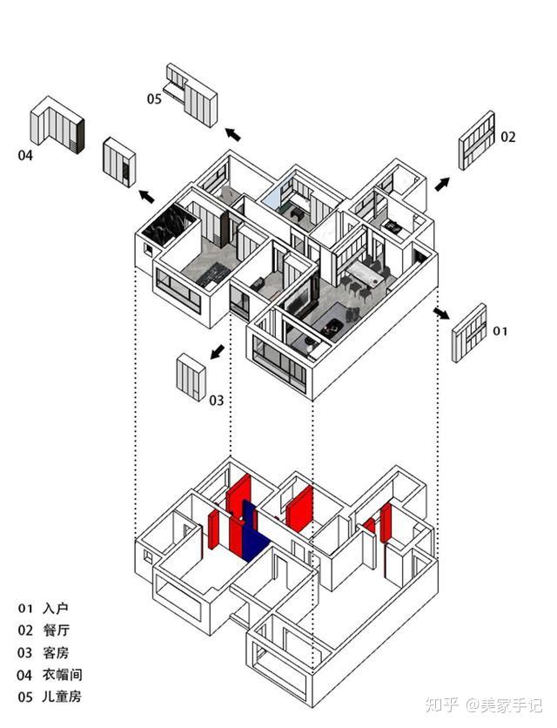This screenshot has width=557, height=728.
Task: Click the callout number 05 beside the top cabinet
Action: (x=154, y=99)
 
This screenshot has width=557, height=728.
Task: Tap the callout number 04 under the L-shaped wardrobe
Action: (x=25, y=155)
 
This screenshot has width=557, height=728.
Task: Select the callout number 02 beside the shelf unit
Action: (x=507, y=137)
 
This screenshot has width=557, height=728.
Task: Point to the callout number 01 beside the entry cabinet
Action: (x=500, y=331)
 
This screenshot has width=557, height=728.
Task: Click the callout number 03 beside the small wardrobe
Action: (x=217, y=401)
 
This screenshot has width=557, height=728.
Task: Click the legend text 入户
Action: (x=55, y=608)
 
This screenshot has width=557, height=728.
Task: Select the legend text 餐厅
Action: (x=57, y=630)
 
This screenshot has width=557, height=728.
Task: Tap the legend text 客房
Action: (x=56, y=653)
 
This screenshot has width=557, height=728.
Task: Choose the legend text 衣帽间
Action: (x=62, y=675)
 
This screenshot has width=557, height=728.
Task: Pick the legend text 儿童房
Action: (x=62, y=697)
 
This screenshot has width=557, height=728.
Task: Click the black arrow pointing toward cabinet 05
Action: (x=233, y=134)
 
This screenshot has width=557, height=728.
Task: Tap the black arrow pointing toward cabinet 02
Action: (x=442, y=184)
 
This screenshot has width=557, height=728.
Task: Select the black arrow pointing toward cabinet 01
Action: (x=441, y=313)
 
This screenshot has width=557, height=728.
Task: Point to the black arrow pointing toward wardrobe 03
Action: (x=218, y=352)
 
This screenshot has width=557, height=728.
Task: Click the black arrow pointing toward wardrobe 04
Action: (x=147, y=197)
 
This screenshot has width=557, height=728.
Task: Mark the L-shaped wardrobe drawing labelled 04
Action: (x=57, y=125)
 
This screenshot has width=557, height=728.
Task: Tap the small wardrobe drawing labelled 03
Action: (x=191, y=377)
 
